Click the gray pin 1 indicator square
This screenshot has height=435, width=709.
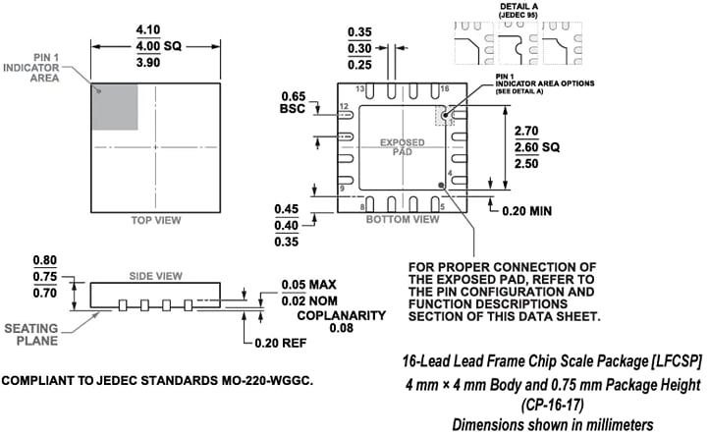coord(115,106)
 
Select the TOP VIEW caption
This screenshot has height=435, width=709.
coord(156,221)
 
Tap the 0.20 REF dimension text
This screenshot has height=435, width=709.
coord(279,344)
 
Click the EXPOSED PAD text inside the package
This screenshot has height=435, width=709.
coord(403,148)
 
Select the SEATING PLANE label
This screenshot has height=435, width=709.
coord(37,334)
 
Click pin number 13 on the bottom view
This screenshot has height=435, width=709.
coord(360,89)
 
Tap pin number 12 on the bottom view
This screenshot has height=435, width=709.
coord(344,105)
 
